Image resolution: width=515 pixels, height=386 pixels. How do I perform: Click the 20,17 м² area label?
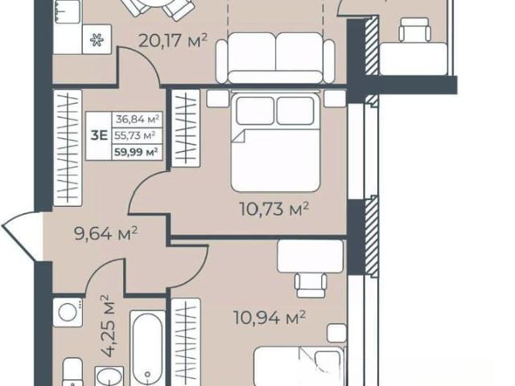point(173,41)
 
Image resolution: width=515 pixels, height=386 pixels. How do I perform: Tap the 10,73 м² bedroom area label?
point(274,209)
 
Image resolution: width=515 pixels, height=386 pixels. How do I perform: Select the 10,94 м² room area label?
point(270,318)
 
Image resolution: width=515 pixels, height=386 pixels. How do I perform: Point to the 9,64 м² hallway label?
point(105,233)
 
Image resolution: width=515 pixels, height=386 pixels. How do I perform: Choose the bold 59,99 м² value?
point(137,153)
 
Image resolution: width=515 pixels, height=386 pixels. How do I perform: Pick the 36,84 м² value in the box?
point(138,119)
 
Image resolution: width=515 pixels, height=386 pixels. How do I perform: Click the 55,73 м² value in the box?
point(135,135)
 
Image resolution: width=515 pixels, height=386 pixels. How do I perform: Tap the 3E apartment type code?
point(99,135)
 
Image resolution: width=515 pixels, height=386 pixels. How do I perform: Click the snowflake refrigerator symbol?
point(97,40)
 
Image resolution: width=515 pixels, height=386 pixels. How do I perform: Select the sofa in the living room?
point(275,58)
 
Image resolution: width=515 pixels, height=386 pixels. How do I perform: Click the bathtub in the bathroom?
point(147,348)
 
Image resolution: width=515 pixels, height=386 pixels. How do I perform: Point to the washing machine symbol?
point(68,313)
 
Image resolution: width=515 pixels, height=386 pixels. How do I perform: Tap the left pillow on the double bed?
point(255,111)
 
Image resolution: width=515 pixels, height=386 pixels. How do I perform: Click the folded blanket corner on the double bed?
point(238,136)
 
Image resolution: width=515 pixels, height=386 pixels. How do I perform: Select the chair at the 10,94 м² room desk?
point(311,285)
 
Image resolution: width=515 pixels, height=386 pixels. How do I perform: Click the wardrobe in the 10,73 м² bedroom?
point(186,128)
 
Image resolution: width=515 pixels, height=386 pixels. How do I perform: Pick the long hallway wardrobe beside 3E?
point(68,148)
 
